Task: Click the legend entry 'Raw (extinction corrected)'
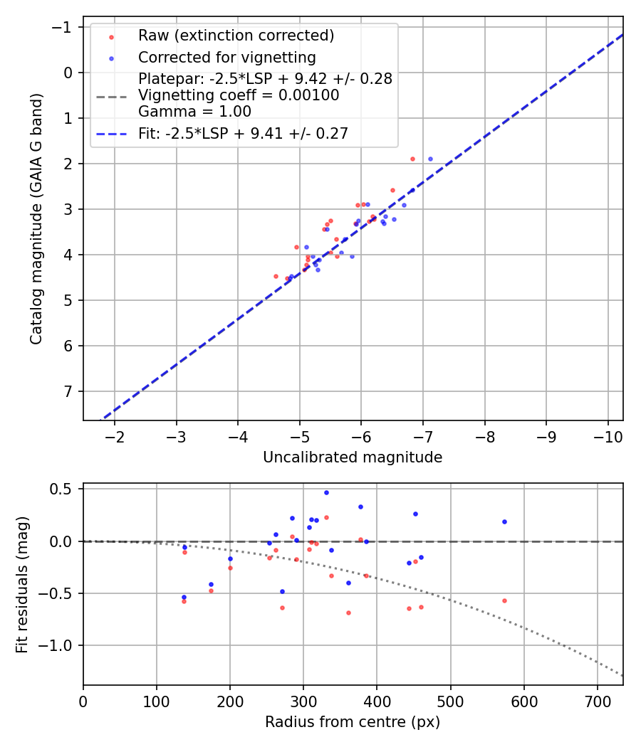pyautogui.click(x=236, y=36)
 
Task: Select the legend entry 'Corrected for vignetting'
pyautogui.click(x=226, y=57)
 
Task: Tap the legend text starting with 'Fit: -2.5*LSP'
pyautogui.click(x=243, y=133)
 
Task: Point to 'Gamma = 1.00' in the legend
pyautogui.click(x=194, y=111)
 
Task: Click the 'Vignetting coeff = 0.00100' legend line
pyautogui.click(x=239, y=95)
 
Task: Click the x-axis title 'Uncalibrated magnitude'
pyautogui.click(x=353, y=457)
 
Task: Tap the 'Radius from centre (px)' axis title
pyautogui.click(x=353, y=722)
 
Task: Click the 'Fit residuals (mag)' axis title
pyautogui.click(x=22, y=583)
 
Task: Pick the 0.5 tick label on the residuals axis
pyautogui.click(x=63, y=489)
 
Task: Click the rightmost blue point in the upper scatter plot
pyautogui.click(x=430, y=159)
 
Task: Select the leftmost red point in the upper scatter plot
pyautogui.click(x=276, y=276)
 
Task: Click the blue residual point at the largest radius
pyautogui.click(x=504, y=521)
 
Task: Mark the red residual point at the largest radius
pyautogui.click(x=504, y=600)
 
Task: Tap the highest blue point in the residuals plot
pyautogui.click(x=326, y=492)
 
